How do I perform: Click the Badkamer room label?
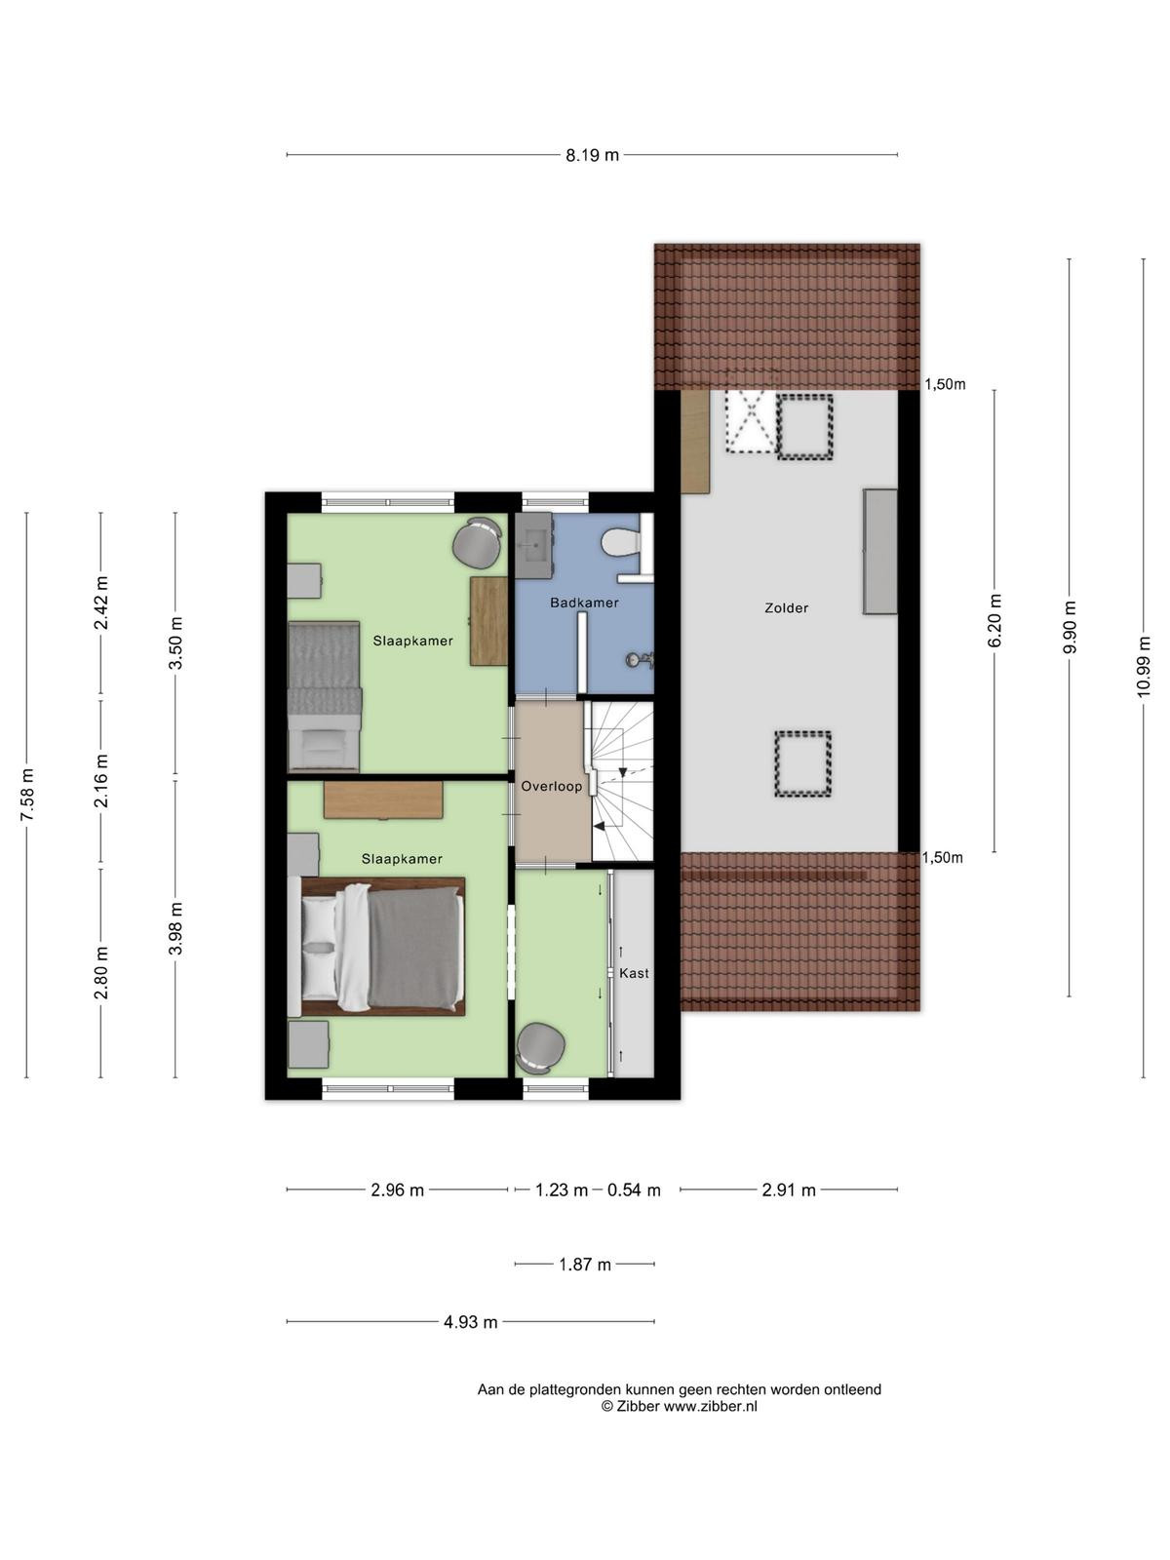pyautogui.click(x=584, y=603)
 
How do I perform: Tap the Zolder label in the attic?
pyautogui.click(x=787, y=607)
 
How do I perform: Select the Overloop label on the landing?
pyautogui.click(x=551, y=786)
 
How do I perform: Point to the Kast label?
pyautogui.click(x=634, y=973)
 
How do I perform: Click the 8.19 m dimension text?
pyautogui.click(x=592, y=155)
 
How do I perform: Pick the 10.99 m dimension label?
pyautogui.click(x=1143, y=667)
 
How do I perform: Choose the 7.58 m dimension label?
pyautogui.click(x=27, y=795)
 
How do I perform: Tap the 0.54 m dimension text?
pyautogui.click(x=634, y=1189)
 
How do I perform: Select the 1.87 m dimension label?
pyautogui.click(x=585, y=1265)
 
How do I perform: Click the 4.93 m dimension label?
pyautogui.click(x=470, y=1322)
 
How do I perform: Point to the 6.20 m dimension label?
pyautogui.click(x=994, y=620)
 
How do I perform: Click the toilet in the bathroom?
pyautogui.click(x=620, y=544)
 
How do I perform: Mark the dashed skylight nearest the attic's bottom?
pyautogui.click(x=802, y=763)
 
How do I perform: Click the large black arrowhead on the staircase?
pyautogui.click(x=600, y=826)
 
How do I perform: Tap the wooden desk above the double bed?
pyautogui.click(x=383, y=800)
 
